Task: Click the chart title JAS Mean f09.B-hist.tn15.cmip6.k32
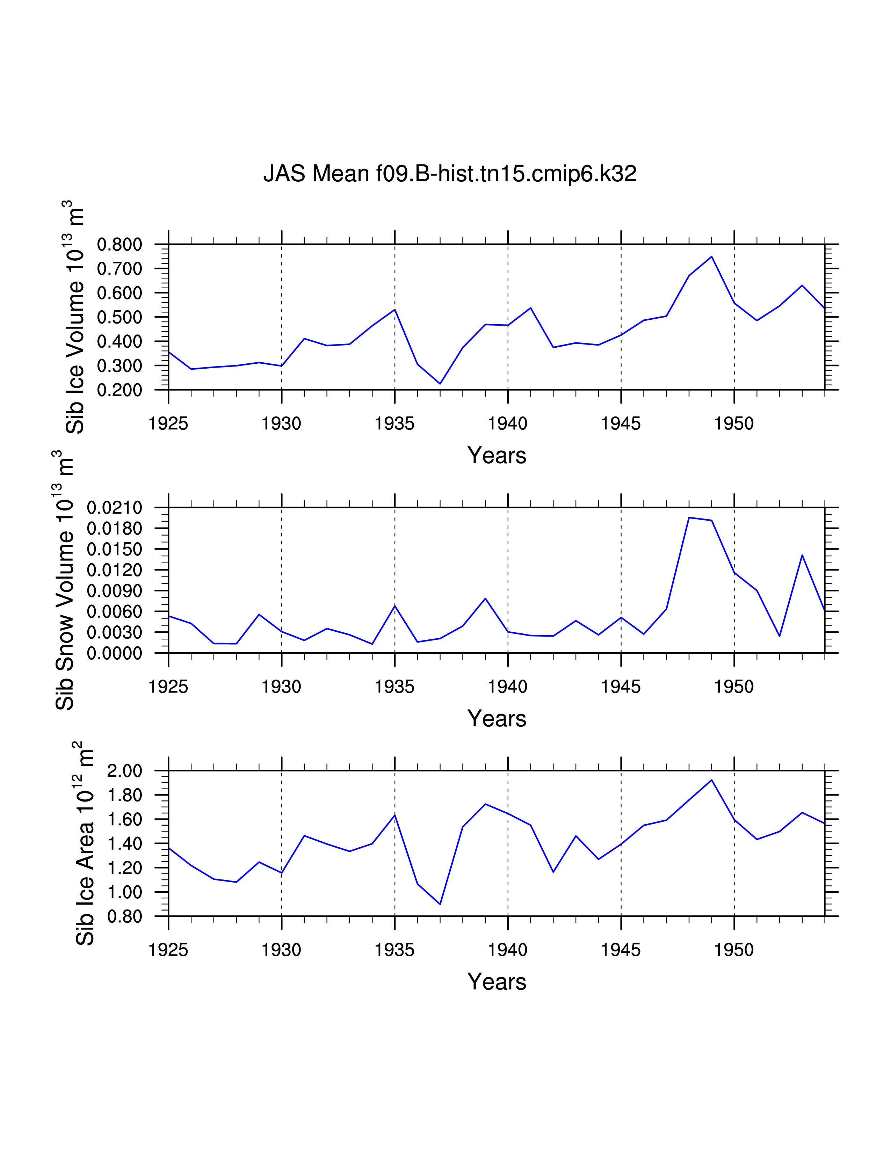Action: [450, 174]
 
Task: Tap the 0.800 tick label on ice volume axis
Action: [120, 245]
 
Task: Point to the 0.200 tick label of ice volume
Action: [120, 390]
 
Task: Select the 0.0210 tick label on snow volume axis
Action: [115, 508]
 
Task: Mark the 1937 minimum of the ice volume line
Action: [440, 384]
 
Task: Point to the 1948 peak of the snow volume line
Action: [689, 517]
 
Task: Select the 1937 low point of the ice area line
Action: [440, 904]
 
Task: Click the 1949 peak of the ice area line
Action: [711, 780]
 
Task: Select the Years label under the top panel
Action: [497, 455]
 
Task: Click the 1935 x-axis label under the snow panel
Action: [395, 687]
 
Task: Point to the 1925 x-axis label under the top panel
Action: [168, 423]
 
